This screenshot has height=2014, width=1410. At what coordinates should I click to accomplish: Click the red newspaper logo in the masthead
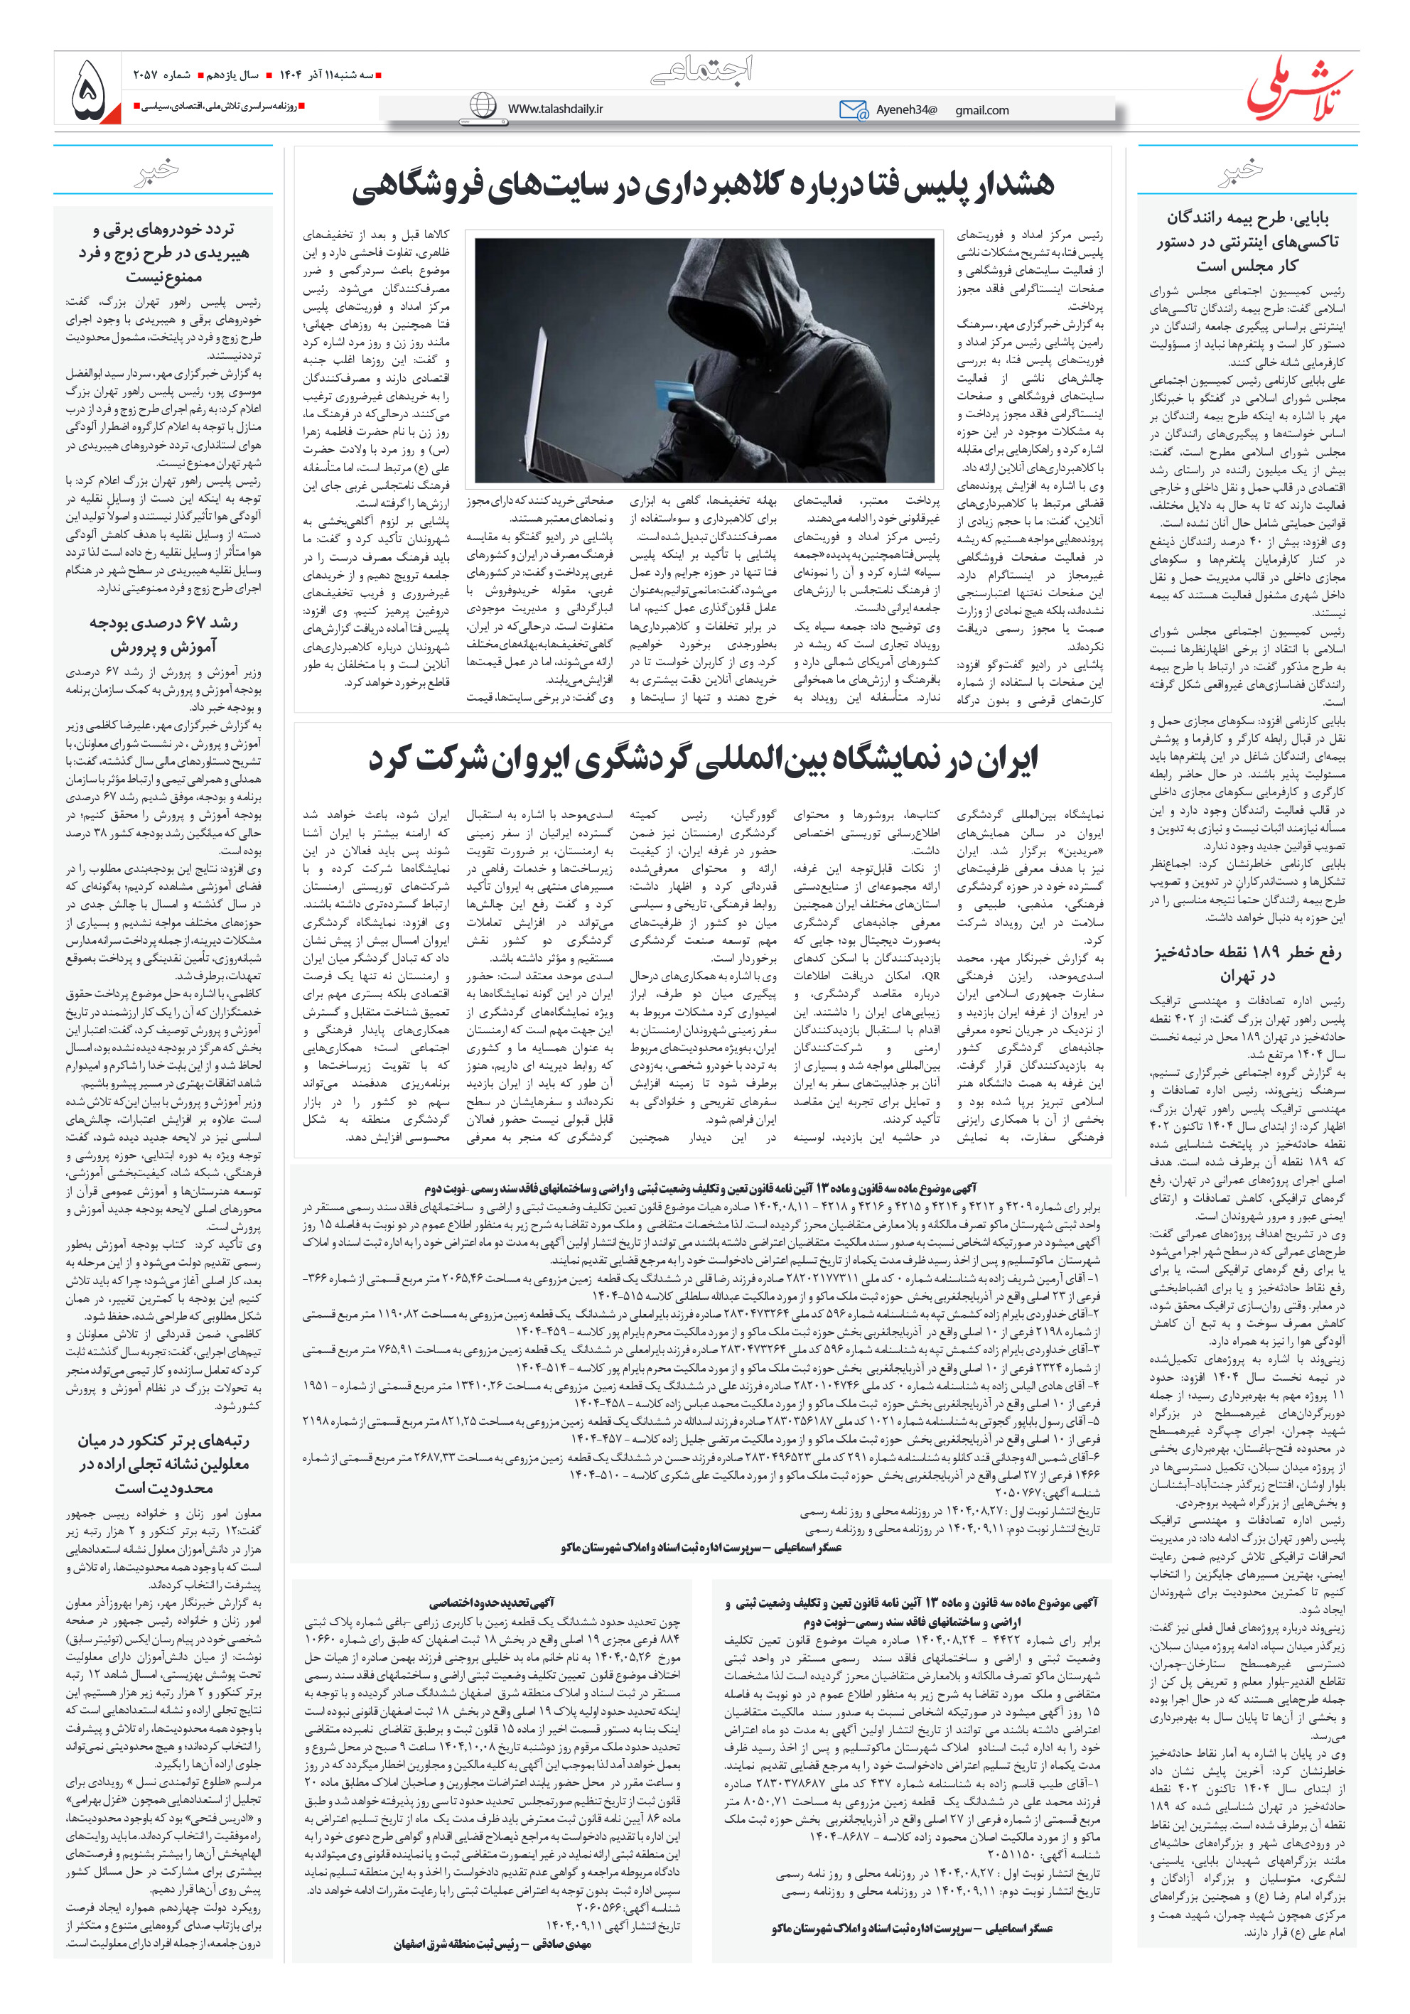pos(1299,87)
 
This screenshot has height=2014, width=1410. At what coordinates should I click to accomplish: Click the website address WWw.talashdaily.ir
pos(554,108)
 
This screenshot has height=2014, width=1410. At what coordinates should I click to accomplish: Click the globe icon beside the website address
pos(483,106)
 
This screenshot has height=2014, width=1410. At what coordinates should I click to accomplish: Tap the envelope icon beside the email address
pos(853,109)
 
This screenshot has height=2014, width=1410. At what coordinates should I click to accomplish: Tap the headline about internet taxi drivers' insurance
pos(1247,241)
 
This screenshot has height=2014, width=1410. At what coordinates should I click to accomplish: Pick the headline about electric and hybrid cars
pos(163,252)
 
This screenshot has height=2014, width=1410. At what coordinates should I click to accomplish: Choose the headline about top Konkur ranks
pos(163,1464)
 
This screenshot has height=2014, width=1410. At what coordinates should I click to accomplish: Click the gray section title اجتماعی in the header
pos(702,70)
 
